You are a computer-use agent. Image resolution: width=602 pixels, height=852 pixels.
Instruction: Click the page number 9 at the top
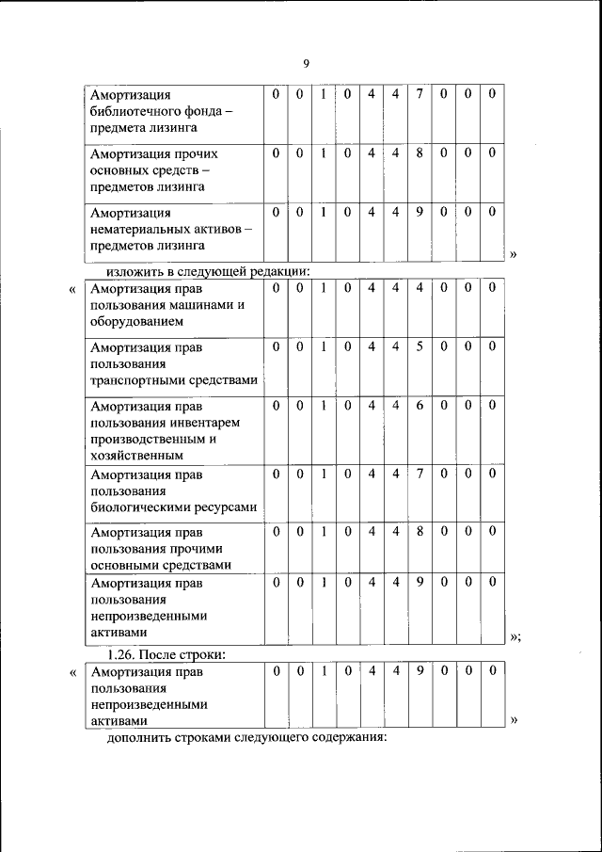(306, 63)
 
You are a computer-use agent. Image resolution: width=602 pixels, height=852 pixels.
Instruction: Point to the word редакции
(279, 273)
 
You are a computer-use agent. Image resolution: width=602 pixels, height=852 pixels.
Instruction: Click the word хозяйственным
(136, 455)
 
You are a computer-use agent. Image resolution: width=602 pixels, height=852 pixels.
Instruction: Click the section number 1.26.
(123, 654)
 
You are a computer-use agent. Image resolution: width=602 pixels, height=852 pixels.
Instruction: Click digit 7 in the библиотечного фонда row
(420, 94)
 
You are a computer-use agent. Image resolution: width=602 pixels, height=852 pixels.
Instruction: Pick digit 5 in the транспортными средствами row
(420, 346)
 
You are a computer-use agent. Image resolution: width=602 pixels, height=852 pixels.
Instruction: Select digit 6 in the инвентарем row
(420, 406)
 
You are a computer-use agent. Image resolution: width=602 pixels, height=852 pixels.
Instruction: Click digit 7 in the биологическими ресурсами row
(420, 473)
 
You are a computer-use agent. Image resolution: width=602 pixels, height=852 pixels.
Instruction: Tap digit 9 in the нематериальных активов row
(420, 212)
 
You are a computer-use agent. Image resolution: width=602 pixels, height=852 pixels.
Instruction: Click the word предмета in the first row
(118, 127)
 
